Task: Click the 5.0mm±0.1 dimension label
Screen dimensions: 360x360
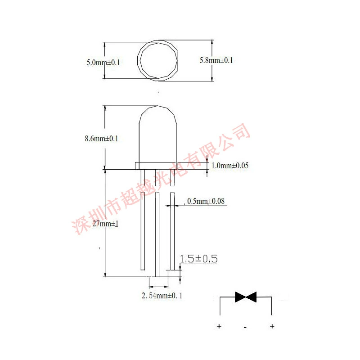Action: pos(103,63)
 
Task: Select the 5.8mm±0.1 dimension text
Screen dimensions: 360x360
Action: pos(216,60)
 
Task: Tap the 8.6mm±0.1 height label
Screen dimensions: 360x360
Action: pos(101,139)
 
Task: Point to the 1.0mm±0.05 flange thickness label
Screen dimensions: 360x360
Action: pos(230,166)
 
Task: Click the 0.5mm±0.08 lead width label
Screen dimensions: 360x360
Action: pos(206,201)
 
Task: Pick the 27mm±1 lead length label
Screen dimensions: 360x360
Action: pos(105,223)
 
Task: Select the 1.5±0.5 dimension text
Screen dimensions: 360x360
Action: pos(198,259)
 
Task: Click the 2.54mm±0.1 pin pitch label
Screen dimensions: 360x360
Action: pos(162,296)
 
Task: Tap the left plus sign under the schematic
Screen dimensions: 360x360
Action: pos(219,326)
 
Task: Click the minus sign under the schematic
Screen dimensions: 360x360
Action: pos(245,327)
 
